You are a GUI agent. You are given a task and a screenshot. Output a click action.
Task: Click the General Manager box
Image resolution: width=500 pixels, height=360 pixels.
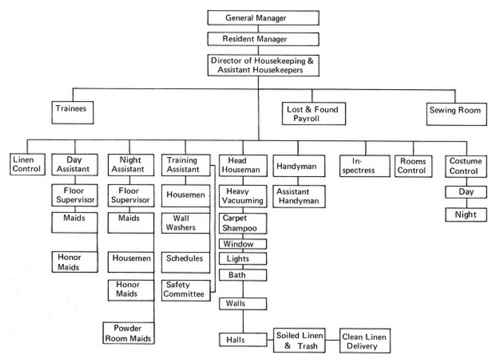263,18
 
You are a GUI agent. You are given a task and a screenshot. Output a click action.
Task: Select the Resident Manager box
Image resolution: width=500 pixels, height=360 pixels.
263,39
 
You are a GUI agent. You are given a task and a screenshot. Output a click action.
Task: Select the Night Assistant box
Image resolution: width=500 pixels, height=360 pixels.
130,164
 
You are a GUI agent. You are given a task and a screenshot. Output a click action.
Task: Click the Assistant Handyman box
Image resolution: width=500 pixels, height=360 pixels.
299,196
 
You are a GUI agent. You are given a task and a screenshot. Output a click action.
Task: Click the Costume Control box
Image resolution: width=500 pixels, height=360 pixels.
466,166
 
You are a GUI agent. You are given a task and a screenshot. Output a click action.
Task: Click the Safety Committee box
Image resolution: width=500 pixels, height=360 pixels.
185,289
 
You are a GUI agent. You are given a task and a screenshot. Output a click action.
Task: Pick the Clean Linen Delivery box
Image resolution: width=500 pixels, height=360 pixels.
364,341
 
